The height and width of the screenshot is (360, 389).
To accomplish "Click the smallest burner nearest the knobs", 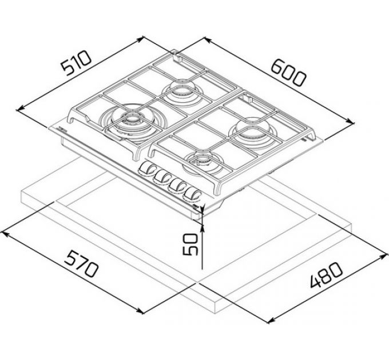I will pos(200,162).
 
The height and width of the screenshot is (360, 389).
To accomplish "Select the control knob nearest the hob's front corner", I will pos(192,194).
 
